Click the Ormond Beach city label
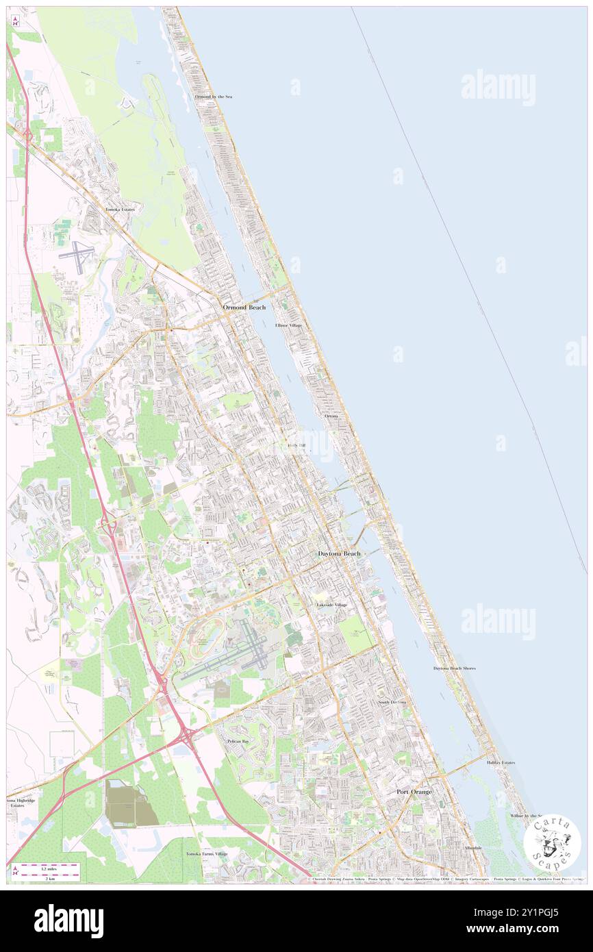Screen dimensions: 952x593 click(x=244, y=308)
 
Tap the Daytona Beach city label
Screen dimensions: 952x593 click(x=339, y=553)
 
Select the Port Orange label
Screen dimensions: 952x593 click(x=414, y=792)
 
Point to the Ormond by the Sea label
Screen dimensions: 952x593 click(x=214, y=97)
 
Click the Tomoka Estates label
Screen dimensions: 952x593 click(x=120, y=209)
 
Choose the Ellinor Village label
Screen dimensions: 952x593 click(x=288, y=325)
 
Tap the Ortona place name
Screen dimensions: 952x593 click(x=331, y=416)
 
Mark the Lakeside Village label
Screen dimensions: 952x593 click(x=331, y=605)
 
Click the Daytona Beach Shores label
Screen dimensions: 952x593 click(x=454, y=668)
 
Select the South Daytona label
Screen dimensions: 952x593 click(x=392, y=703)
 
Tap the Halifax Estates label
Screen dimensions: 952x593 click(x=501, y=762)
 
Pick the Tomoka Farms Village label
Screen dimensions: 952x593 click(x=207, y=854)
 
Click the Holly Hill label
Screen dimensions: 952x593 click(x=296, y=445)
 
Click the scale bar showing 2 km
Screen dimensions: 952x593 click(x=47, y=871)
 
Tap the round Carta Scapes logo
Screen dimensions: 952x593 click(x=552, y=843)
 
